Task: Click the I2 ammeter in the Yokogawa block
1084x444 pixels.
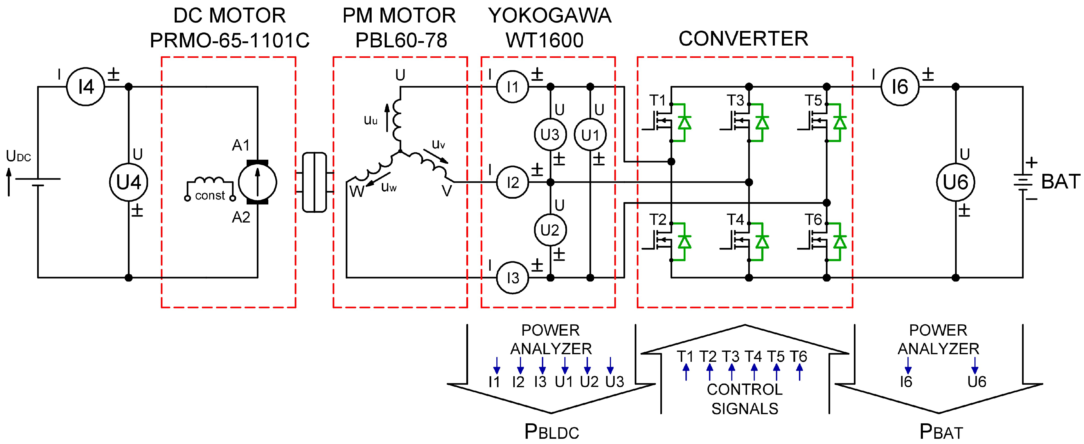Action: pos(513,182)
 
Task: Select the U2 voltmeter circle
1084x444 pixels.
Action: pos(550,230)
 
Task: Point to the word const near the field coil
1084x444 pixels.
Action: pos(210,196)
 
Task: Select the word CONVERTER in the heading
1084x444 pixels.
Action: pos(743,39)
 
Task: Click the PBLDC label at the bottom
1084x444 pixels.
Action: pos(551,432)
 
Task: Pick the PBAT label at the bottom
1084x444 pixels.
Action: pos(941,432)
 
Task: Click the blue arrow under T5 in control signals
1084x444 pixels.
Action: pos(777,372)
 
